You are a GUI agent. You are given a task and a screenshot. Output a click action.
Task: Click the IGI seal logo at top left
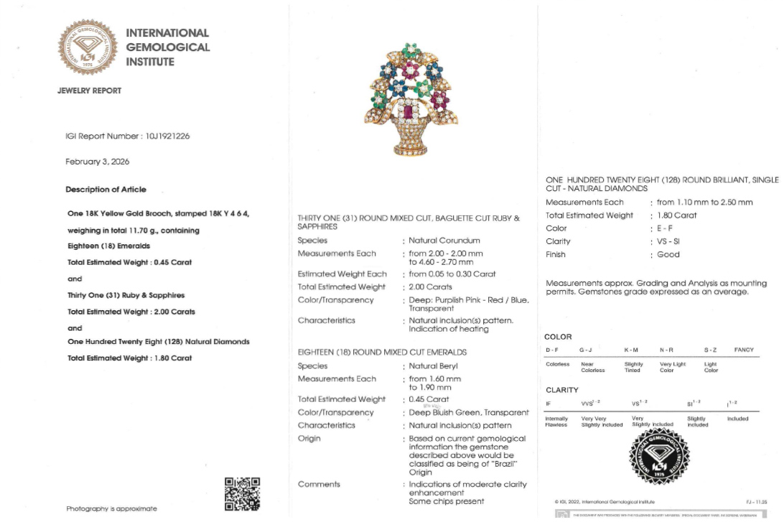point(87,47)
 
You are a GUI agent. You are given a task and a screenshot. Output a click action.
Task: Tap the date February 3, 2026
point(97,162)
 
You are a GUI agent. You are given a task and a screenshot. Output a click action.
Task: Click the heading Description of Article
point(106,190)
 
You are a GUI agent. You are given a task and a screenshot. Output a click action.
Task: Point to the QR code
point(242,494)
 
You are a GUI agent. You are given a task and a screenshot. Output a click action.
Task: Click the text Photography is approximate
point(111,508)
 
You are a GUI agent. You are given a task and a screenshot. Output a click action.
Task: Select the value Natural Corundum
point(444,241)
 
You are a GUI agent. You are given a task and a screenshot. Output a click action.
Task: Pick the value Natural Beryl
point(434,366)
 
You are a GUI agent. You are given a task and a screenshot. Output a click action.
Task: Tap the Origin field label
point(309,438)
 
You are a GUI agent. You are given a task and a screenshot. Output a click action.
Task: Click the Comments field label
point(319,484)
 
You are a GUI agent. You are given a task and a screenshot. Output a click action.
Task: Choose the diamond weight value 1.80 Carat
point(675,215)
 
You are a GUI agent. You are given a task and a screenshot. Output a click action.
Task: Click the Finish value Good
point(666,254)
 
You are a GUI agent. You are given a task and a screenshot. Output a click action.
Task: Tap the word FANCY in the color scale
point(744,350)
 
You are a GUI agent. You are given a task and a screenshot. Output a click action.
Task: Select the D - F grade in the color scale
point(551,350)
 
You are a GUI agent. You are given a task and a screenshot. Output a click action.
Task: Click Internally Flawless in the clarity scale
point(557,421)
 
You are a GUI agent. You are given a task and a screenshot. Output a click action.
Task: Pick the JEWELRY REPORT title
point(90,91)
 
